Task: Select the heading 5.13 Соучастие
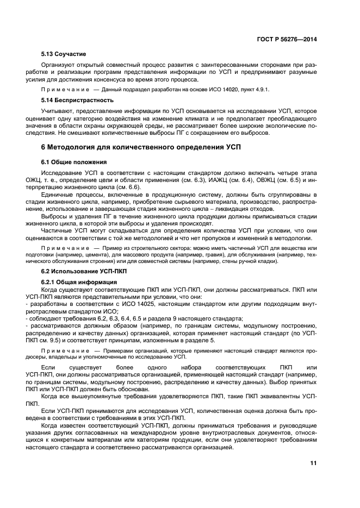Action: click(64, 54)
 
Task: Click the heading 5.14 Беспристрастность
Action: click(78, 100)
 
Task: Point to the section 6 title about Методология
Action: click(140, 147)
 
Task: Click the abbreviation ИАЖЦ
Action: click(213, 179)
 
